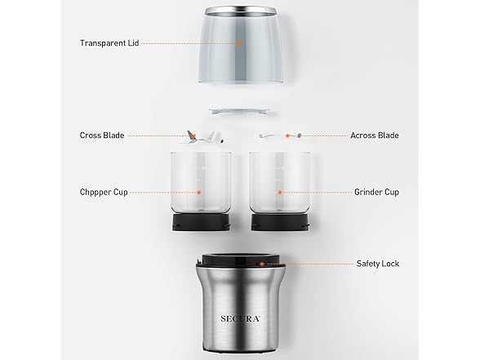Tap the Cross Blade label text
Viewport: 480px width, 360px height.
[102, 136]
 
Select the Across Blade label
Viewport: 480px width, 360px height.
[374, 136]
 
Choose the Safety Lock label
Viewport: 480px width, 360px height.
[377, 264]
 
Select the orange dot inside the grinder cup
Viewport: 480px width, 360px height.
[279, 193]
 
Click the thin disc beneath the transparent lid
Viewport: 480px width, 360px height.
[240, 108]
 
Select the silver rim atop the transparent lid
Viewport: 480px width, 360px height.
[240, 10]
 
